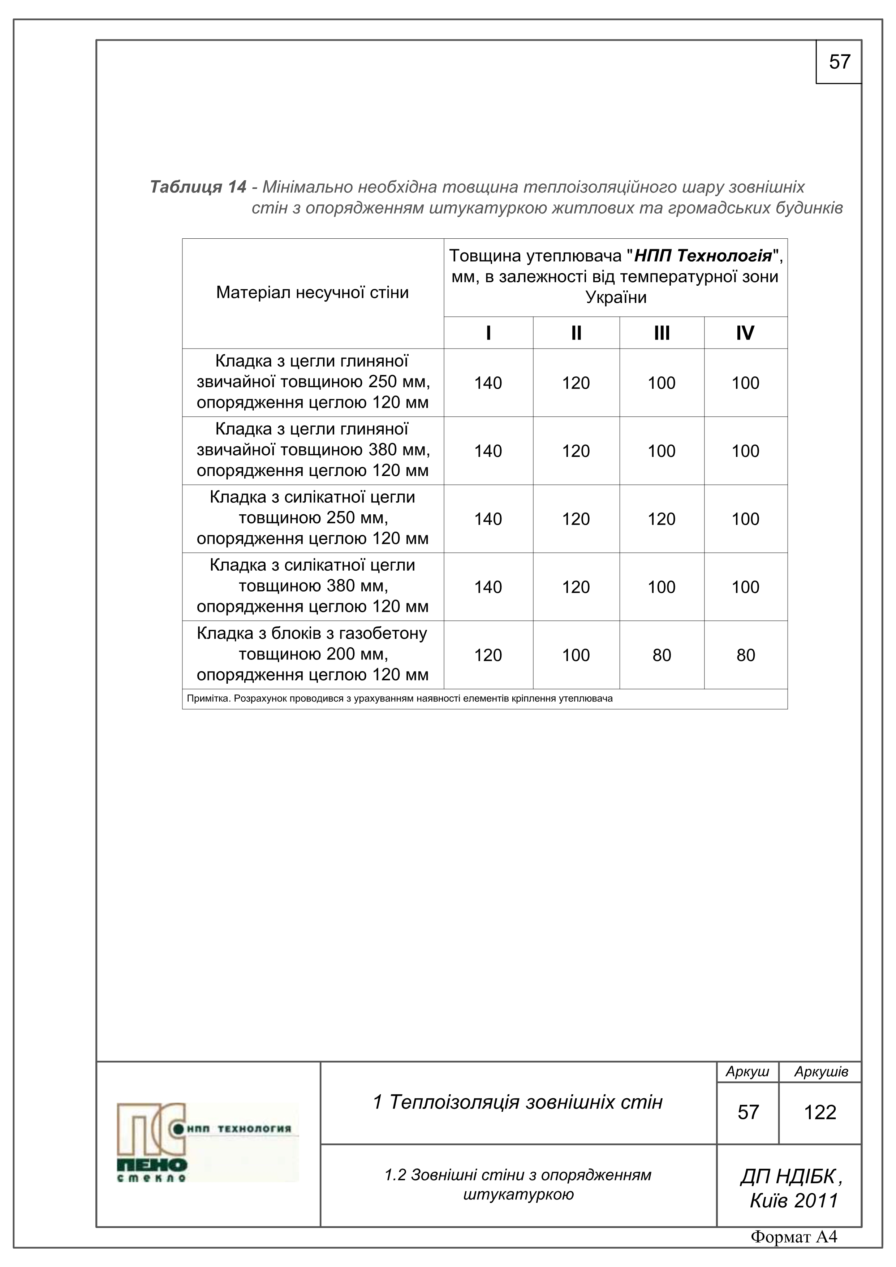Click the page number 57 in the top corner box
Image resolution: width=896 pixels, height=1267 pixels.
(x=839, y=62)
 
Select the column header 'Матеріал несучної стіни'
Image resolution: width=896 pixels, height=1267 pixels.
(x=313, y=293)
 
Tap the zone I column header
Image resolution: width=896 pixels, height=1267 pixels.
(x=488, y=333)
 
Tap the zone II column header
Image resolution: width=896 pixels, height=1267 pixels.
(x=576, y=333)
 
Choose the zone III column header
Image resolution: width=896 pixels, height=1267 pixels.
(x=662, y=333)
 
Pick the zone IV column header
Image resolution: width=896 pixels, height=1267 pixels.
(x=745, y=333)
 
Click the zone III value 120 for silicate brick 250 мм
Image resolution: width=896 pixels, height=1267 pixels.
(x=662, y=519)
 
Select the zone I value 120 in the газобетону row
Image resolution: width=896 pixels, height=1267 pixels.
(x=488, y=655)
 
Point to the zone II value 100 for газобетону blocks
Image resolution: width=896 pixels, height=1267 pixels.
(x=576, y=655)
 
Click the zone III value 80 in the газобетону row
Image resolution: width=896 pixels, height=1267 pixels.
(x=662, y=655)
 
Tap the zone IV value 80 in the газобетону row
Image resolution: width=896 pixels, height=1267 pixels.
(x=745, y=655)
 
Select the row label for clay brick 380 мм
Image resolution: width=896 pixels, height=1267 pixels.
(x=313, y=450)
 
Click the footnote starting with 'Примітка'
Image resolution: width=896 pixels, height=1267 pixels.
(x=400, y=699)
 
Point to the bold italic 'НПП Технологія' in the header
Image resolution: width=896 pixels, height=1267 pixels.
(x=703, y=256)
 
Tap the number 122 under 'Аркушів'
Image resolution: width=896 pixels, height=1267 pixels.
(x=820, y=1112)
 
